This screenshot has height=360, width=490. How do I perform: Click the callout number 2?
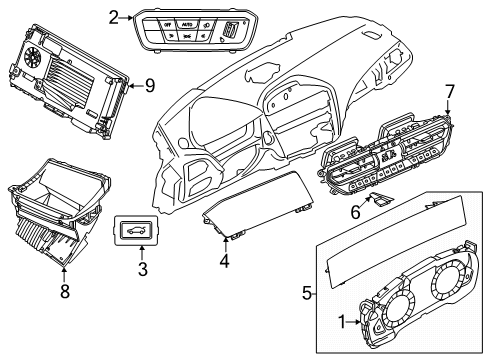(113, 16)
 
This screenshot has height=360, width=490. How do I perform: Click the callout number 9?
(148, 86)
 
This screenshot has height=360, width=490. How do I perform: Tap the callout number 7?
(449, 92)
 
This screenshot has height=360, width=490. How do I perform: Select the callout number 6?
(353, 212)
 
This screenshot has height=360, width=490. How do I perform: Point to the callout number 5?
(306, 294)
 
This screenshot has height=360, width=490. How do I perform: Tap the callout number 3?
(142, 269)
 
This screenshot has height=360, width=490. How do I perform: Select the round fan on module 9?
(32, 54)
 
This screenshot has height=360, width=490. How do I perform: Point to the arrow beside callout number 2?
(127, 16)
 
